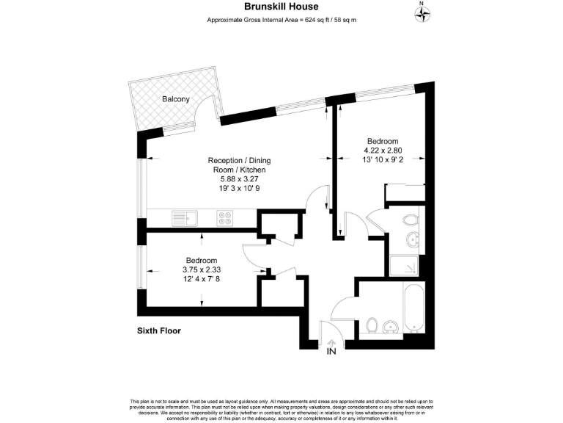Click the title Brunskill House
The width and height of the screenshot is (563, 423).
point(281,6)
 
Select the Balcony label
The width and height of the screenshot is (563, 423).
point(176,99)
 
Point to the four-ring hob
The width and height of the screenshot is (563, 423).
point(224,217)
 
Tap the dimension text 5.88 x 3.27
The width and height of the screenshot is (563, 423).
point(231,178)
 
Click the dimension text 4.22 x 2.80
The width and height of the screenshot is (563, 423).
point(382,151)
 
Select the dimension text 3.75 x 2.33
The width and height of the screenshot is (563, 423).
point(201,270)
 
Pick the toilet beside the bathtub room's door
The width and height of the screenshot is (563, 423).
point(372,325)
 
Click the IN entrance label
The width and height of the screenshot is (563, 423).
point(331,352)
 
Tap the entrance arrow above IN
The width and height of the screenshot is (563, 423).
point(331,341)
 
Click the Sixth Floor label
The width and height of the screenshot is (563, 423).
point(158,330)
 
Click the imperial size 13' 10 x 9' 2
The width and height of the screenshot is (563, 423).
point(382,160)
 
